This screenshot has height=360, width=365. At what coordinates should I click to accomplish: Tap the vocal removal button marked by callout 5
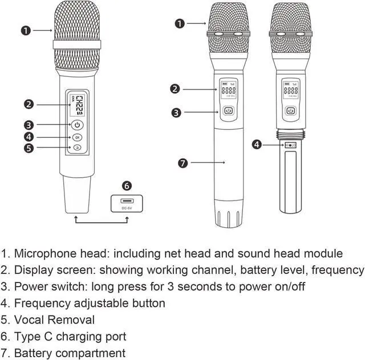click(77, 148)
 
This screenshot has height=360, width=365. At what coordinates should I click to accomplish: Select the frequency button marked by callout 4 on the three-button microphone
click(77, 137)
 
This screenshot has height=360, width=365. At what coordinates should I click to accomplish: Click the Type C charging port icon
click(127, 201)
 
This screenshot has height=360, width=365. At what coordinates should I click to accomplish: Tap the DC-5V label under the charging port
click(127, 208)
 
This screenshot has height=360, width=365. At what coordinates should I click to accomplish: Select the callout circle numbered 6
click(127, 185)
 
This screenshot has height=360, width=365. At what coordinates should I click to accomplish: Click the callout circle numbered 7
click(182, 163)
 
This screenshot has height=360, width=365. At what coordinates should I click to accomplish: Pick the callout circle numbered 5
click(28, 148)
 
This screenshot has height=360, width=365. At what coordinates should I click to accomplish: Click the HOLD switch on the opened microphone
click(291, 145)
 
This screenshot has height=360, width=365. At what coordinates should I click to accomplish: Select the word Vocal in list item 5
click(29, 320)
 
